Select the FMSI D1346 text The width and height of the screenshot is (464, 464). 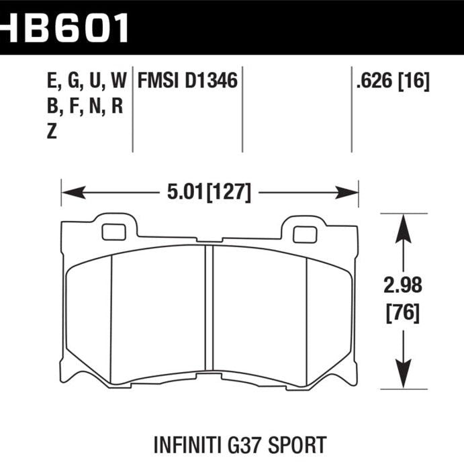pyautogui.click(x=187, y=82)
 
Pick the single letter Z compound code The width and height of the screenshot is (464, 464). pyautogui.click(x=52, y=132)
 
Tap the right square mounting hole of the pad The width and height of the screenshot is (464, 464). pyautogui.click(x=305, y=234)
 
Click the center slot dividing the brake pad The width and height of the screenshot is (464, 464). pyautogui.click(x=209, y=313)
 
